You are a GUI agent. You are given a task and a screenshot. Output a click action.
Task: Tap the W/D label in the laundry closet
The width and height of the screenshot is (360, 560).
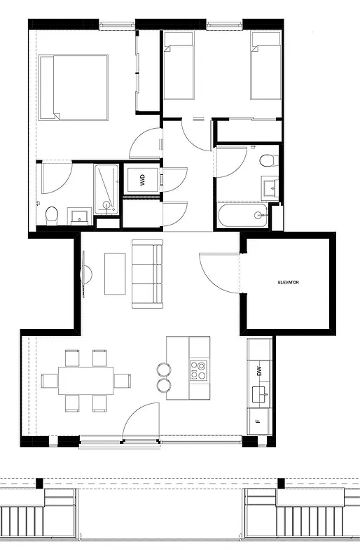[143, 180]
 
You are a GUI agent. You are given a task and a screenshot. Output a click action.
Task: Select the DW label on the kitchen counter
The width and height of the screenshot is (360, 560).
[259, 372]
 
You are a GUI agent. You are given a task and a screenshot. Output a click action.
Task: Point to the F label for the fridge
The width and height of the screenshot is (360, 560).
[258, 421]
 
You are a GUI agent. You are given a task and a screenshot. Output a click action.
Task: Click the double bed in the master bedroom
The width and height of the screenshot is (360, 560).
[74, 87]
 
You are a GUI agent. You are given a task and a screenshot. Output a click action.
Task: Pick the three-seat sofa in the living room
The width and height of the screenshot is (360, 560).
[147, 274]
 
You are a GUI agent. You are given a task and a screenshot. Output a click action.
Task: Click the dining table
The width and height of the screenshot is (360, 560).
[85, 381]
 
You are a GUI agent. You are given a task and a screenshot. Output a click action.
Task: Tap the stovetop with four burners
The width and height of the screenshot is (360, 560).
[198, 370]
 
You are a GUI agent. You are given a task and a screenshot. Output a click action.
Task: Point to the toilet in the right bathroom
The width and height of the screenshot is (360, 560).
[266, 160]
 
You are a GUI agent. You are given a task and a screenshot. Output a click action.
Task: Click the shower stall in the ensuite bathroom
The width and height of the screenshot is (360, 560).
[107, 188]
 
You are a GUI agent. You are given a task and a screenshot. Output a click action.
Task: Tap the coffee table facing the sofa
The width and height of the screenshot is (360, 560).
[114, 273]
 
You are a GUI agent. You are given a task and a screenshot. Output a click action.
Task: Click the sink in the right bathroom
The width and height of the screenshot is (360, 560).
[270, 187]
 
